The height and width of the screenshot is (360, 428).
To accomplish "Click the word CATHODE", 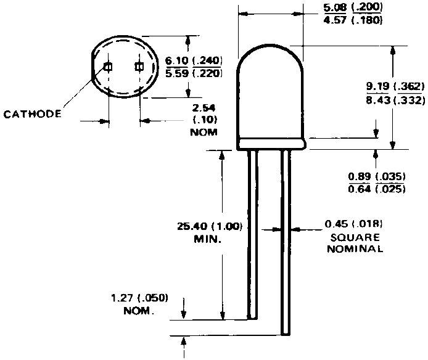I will (x=32, y=114).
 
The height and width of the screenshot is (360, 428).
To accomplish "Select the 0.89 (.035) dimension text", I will (x=376, y=176).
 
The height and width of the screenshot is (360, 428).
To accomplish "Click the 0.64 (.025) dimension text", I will (x=376, y=189).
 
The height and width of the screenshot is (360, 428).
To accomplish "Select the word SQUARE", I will (x=355, y=237).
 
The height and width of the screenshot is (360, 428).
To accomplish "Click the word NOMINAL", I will (x=355, y=249).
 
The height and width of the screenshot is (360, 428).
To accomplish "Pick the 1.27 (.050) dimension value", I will (x=139, y=298).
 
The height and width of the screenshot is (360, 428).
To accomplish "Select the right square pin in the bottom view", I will (x=139, y=67).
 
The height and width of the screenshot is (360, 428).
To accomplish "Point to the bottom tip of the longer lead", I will (x=285, y=333).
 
